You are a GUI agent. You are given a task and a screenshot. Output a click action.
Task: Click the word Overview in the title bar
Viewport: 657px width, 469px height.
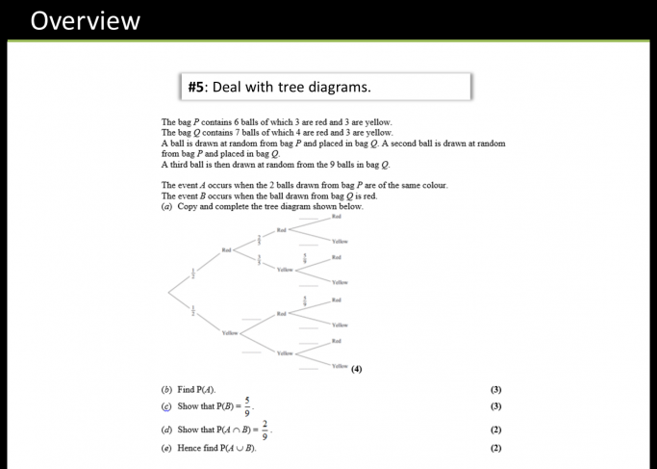click(85, 20)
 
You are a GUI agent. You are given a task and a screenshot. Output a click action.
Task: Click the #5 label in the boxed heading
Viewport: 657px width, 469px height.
click(197, 87)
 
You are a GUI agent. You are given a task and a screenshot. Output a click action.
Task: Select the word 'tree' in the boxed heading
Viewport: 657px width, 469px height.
click(303, 87)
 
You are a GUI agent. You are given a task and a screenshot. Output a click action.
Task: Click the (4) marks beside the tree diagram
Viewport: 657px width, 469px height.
click(357, 368)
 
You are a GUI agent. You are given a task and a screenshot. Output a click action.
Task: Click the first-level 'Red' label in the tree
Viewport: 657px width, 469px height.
click(227, 249)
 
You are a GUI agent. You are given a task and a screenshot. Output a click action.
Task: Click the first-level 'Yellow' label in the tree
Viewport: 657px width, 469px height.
click(229, 332)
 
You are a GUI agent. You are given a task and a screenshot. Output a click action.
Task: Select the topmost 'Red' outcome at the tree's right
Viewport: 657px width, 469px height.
click(337, 218)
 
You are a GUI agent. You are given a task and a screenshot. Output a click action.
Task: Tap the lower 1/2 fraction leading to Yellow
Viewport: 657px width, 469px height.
click(191, 311)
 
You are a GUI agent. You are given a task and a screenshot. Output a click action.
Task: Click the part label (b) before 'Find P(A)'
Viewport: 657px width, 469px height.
click(167, 390)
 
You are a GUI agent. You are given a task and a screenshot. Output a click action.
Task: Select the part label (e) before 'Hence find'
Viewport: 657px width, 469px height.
click(167, 448)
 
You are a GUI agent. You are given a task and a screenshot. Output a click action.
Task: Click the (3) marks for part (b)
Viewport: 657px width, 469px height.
click(495, 390)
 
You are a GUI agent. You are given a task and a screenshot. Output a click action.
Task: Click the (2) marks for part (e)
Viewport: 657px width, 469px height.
click(495, 448)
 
